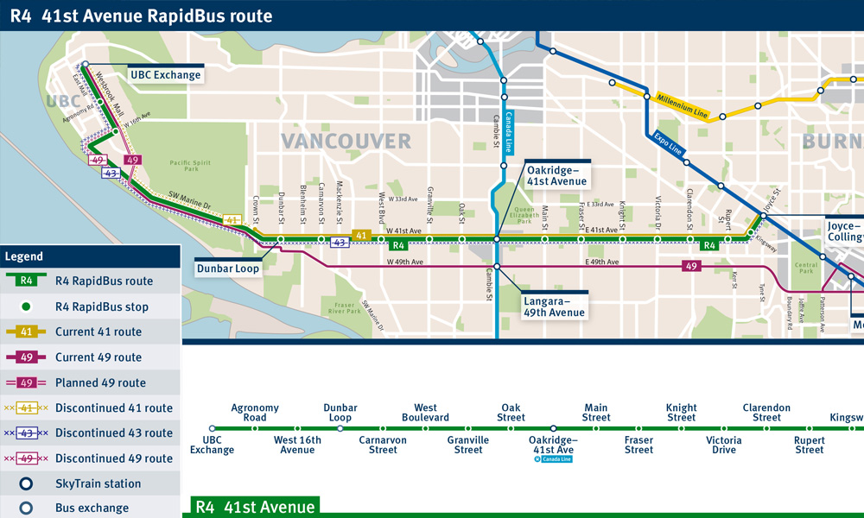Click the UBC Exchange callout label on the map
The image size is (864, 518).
click(165, 75)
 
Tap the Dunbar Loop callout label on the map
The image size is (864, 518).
click(227, 268)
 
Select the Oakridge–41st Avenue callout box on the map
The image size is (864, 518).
click(557, 175)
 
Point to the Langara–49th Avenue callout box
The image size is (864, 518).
click(554, 306)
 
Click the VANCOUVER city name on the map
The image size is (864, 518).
click(346, 142)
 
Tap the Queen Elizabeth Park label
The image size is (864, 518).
click(525, 215)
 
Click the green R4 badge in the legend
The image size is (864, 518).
click(28, 281)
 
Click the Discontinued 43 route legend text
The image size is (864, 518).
click(114, 433)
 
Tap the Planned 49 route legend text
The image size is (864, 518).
click(100, 382)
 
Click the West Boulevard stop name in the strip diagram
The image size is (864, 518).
click(425, 413)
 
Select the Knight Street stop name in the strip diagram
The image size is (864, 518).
click(681, 413)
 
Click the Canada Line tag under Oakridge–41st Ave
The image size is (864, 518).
click(553, 459)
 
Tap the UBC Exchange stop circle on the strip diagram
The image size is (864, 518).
click(212, 428)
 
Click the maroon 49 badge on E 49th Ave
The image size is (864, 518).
click(691, 266)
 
